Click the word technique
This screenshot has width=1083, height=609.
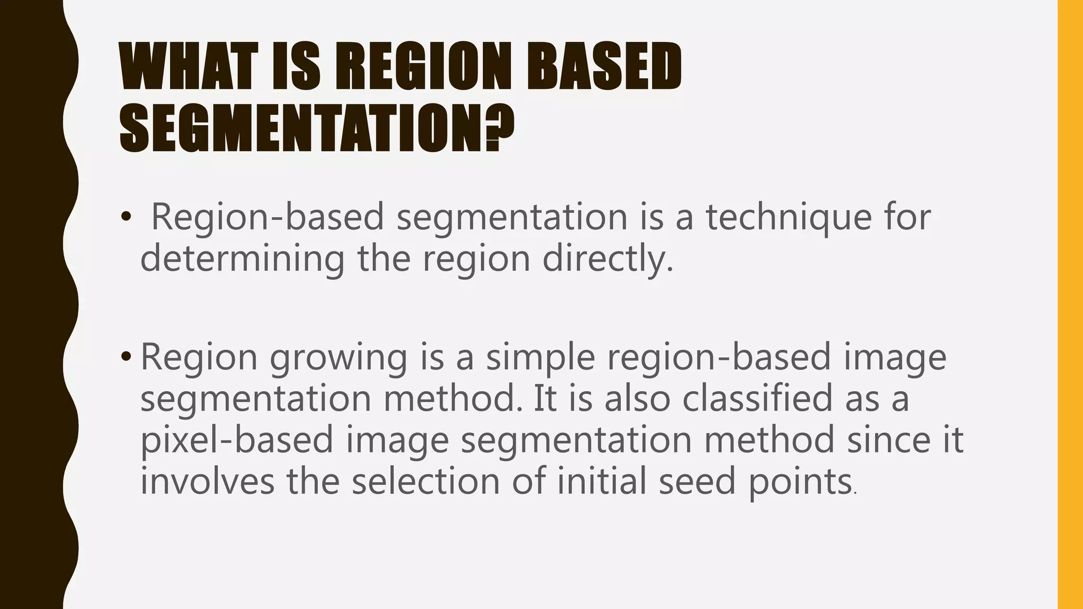788,218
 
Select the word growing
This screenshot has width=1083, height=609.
338,358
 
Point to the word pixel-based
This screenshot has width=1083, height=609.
236,440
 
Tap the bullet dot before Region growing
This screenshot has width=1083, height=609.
126,358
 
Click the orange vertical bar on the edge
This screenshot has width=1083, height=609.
1070,304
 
